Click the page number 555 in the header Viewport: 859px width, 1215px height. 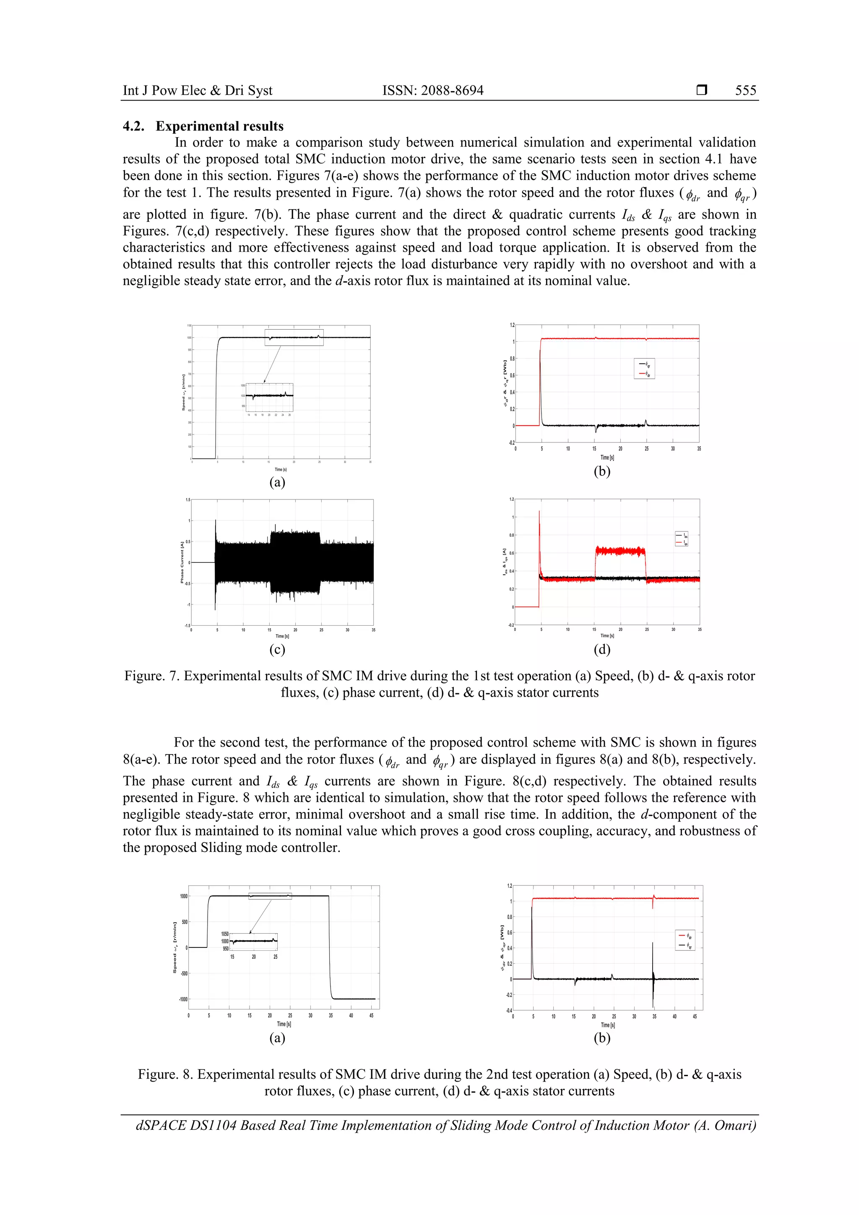pos(745,91)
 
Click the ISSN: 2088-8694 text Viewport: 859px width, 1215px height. pos(432,91)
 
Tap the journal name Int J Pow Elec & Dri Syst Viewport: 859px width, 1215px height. pos(198,91)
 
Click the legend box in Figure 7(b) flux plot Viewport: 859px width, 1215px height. pos(644,368)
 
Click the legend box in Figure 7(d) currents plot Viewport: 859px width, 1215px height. pos(681,539)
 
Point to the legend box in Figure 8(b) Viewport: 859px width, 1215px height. pos(685,940)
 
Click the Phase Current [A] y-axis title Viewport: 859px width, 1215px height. pos(182,562)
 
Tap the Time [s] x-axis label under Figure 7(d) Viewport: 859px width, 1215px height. pos(607,635)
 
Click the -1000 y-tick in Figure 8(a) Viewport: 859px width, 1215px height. pos(182,999)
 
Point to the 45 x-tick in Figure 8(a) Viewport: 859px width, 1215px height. pos(372,1015)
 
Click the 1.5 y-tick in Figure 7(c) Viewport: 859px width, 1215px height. pos(188,500)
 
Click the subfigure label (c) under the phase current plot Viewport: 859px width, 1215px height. pos(277,649)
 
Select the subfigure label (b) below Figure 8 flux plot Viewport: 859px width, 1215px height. pos(602,1038)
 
